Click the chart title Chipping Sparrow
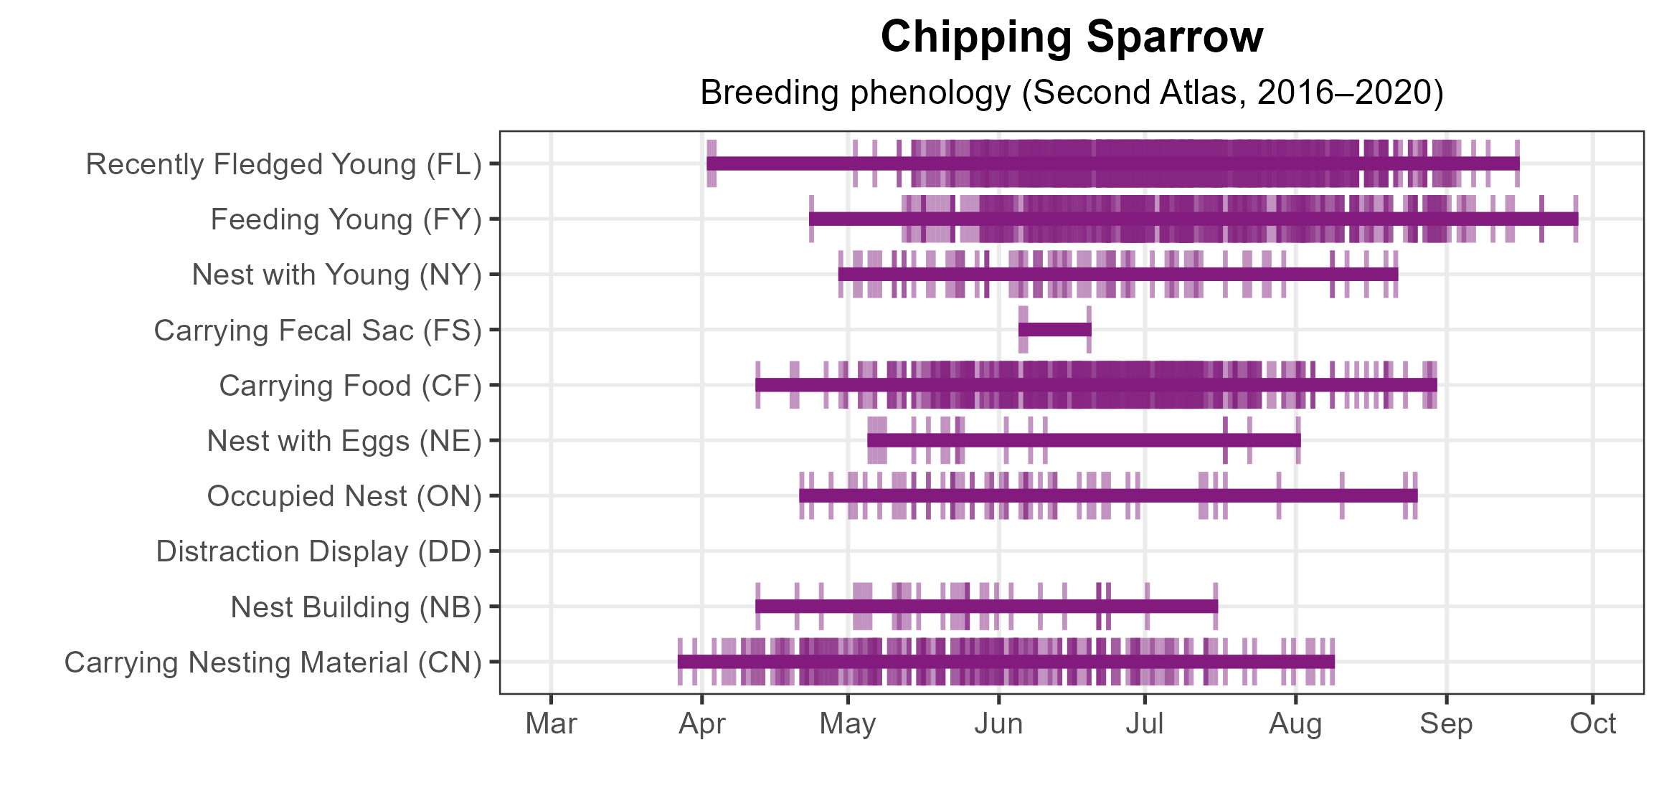[x=1072, y=37]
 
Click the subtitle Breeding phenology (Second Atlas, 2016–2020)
[x=1072, y=92]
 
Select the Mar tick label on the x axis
[x=551, y=724]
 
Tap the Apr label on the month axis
[x=702, y=724]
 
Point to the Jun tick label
[x=998, y=724]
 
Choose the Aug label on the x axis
[x=1295, y=724]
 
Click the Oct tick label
[x=1592, y=724]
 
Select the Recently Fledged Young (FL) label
[x=283, y=164]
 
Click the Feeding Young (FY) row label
[x=346, y=219]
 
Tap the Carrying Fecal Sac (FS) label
[x=318, y=331]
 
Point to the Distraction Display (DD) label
[x=318, y=551]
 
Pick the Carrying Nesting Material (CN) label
[x=273, y=662]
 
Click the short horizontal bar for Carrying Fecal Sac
[x=1054, y=330]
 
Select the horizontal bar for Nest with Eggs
[x=1083, y=440]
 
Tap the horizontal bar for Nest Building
[x=986, y=607]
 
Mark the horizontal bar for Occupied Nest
[x=1108, y=495]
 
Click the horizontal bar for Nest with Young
[x=1117, y=274]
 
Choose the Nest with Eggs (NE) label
[x=344, y=441]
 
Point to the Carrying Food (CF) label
[x=350, y=386]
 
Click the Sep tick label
[x=1446, y=724]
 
